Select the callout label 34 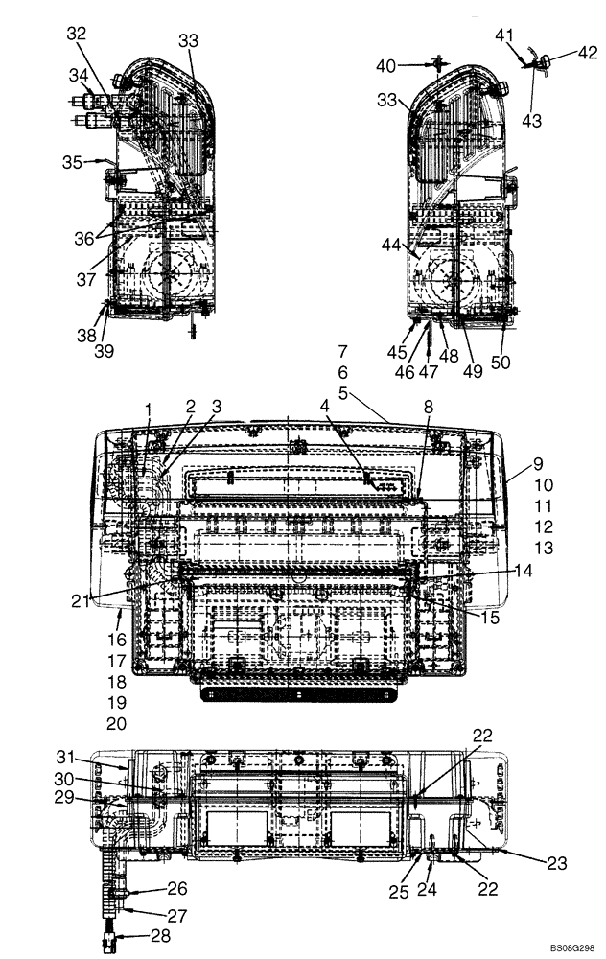77,75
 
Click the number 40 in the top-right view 385,65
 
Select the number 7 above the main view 343,351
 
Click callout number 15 490,619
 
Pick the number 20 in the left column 116,724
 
